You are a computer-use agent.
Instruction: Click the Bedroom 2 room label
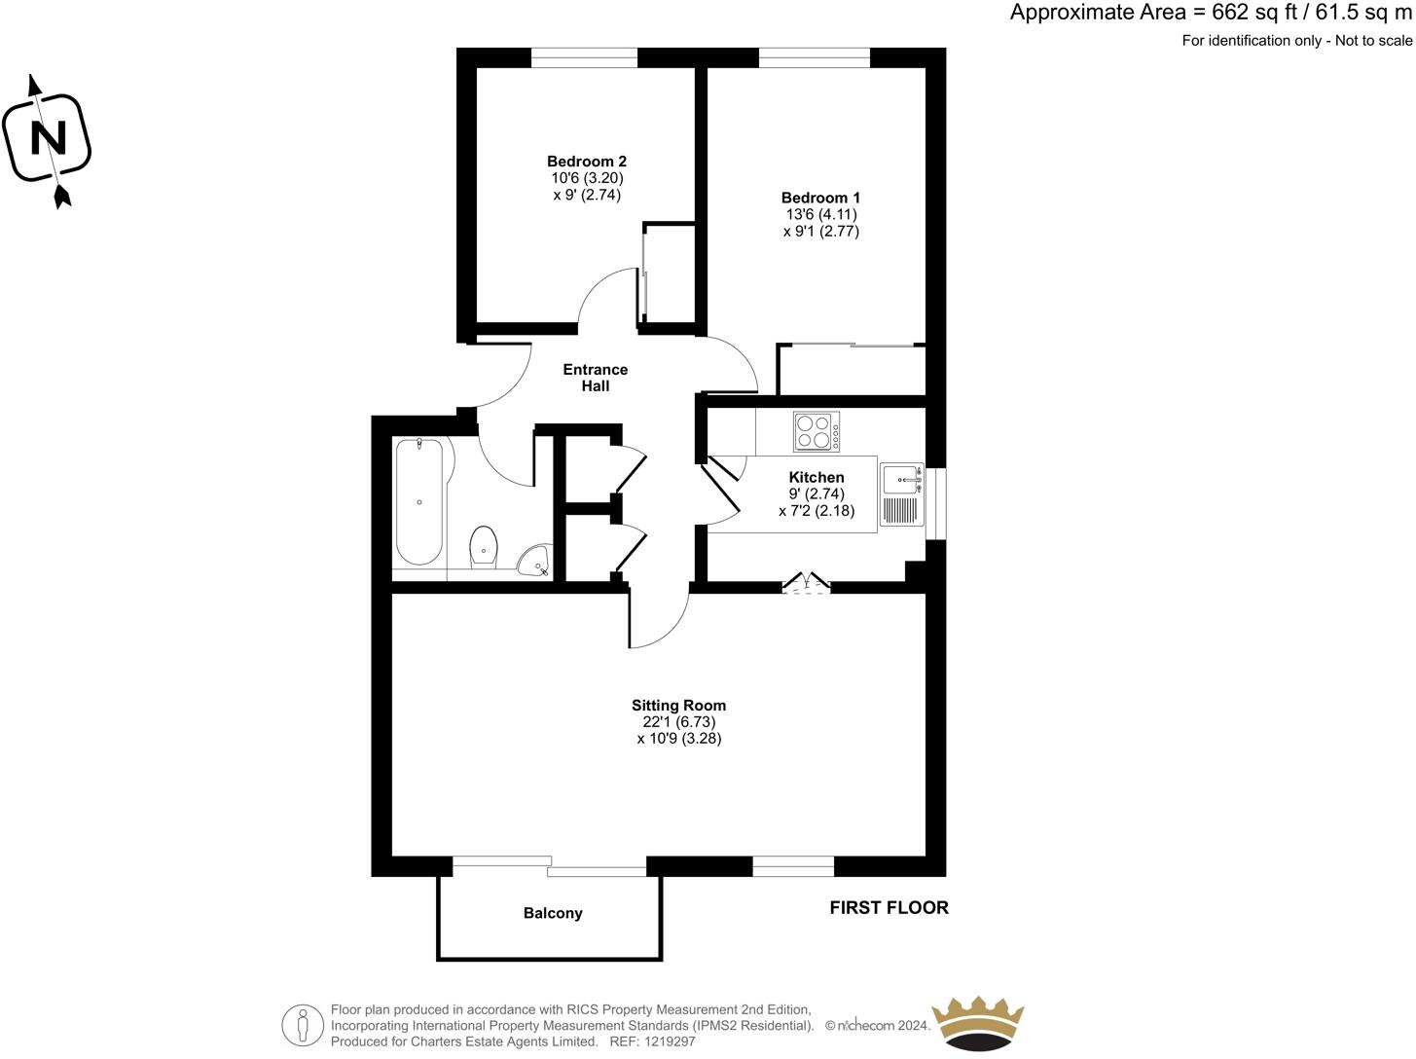[x=586, y=162]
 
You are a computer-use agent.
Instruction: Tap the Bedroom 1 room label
[x=820, y=198]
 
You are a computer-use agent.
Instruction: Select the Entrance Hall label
[x=596, y=378]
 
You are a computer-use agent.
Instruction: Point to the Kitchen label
[x=817, y=477]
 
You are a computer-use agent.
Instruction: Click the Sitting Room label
[x=678, y=706]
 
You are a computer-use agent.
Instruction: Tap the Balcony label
[x=553, y=913]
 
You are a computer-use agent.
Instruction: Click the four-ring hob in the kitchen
[x=817, y=432]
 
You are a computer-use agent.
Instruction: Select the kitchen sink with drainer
[x=901, y=495]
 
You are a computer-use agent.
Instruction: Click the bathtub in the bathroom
[x=419, y=501]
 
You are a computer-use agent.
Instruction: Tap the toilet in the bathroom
[x=484, y=547]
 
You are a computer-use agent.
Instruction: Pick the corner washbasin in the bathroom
[x=534, y=562]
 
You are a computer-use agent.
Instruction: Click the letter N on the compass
[x=48, y=138]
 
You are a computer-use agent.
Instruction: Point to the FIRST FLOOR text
[x=889, y=907]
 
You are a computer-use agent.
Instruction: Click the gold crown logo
[x=978, y=1024]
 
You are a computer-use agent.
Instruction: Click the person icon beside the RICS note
[x=303, y=1025]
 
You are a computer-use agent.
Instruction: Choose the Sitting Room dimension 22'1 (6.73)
[x=678, y=722]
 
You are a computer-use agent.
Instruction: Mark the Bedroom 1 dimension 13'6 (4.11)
[x=820, y=214]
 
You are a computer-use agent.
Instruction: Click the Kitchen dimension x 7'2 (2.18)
[x=817, y=510]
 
